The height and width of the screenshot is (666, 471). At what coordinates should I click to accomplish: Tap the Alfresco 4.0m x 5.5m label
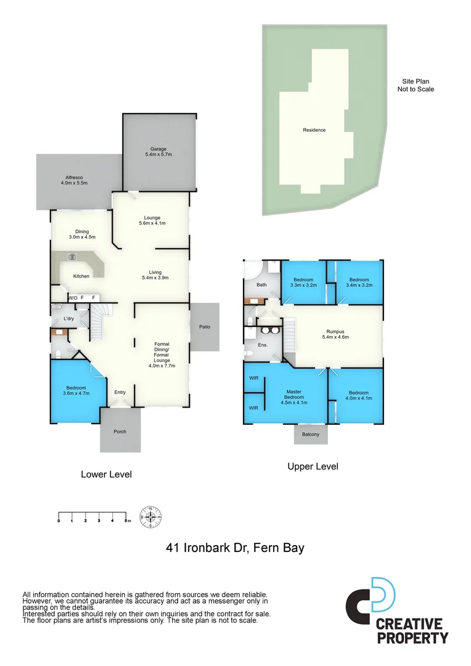[x=75, y=180]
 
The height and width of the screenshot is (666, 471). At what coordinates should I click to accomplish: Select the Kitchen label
[x=81, y=276]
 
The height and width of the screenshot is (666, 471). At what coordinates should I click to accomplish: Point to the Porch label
[x=120, y=432]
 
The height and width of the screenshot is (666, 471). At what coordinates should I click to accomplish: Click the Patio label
[x=204, y=326]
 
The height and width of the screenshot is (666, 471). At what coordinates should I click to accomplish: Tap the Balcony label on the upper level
[x=311, y=435]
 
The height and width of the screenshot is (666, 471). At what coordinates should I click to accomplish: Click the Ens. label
[x=263, y=345]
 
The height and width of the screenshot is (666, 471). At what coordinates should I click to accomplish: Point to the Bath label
[x=261, y=285]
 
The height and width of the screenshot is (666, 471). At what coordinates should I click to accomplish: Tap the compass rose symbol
[x=151, y=517]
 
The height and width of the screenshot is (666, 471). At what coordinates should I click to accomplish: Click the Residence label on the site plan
[x=314, y=130]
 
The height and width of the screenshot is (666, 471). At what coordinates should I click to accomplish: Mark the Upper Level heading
[x=313, y=467]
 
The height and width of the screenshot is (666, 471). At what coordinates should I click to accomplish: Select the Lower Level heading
[x=106, y=475]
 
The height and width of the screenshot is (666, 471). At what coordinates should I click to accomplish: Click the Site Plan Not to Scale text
[x=416, y=85]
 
